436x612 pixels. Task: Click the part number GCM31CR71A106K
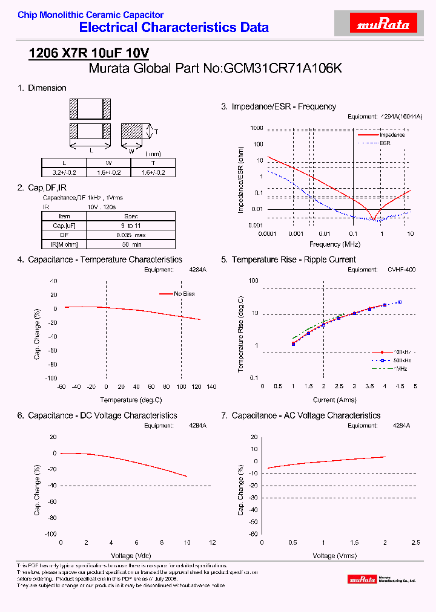pyautogui.click(x=283, y=69)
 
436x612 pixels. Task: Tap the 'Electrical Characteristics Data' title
pyautogui.click(x=174, y=28)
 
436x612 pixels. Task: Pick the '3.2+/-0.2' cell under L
pyautogui.click(x=64, y=172)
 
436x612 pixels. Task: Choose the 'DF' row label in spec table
pyautogui.click(x=64, y=235)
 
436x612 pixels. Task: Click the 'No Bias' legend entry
pyautogui.click(x=186, y=294)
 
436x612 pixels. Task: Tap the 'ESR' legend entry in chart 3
pyautogui.click(x=385, y=143)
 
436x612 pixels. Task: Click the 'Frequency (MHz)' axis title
pyautogui.click(x=334, y=244)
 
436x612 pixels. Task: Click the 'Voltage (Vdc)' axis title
pyautogui.click(x=131, y=555)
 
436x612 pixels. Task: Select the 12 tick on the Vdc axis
pyautogui.click(x=212, y=542)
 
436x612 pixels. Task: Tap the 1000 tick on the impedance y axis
pyautogui.click(x=257, y=129)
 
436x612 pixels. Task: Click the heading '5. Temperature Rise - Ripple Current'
pyautogui.click(x=288, y=259)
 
